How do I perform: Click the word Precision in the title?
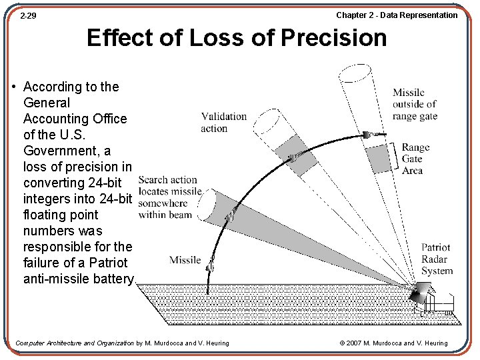[x=333, y=38]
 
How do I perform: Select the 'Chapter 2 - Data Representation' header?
[x=397, y=15]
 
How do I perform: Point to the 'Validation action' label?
[x=223, y=122]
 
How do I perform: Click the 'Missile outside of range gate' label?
[x=415, y=104]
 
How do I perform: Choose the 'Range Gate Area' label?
[x=415, y=159]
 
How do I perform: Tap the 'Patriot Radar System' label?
[x=437, y=259]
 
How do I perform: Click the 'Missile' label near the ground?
[x=185, y=259]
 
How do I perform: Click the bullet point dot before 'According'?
[x=15, y=87]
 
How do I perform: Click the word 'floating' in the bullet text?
[x=50, y=215]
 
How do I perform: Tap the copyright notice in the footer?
[x=393, y=343]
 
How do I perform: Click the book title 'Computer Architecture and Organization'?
[x=74, y=343]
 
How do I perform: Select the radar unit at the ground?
[x=421, y=294]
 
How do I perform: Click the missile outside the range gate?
[x=370, y=134]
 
